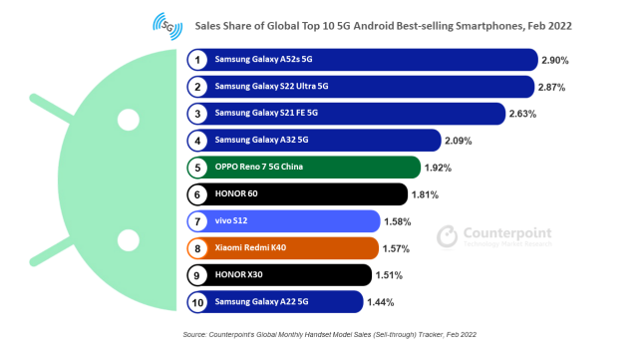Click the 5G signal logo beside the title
coord(167,26)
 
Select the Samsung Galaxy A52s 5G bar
coord(363,60)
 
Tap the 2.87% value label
coord(551,87)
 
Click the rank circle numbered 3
coord(197,114)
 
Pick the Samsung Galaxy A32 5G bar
coord(314,141)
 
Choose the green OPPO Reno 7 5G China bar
coord(304,168)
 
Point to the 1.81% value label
coord(425,194)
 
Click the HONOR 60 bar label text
coord(236,193)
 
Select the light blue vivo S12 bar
coord(284,221)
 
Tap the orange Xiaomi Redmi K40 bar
coord(283,248)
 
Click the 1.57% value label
coord(396,248)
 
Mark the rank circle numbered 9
coord(197,275)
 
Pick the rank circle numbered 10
coord(197,302)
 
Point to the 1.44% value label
coord(381,302)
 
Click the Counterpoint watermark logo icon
coord(448,236)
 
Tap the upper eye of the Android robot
coord(129,120)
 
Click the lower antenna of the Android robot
coord(52,251)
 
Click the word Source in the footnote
coord(194,335)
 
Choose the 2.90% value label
coord(555,60)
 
